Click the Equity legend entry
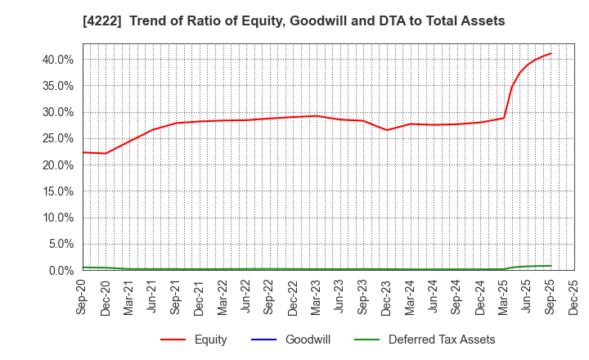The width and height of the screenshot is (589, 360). pos(210,340)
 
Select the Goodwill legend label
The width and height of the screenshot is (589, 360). pos(308,340)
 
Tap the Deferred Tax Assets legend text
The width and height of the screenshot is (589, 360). pos(442,340)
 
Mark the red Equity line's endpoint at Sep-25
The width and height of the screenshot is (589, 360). pos(551,53)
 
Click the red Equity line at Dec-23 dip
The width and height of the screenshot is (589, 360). pos(387,130)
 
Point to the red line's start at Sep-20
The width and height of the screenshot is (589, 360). pos(83,152)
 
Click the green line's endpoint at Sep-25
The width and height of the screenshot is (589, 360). pos(551,266)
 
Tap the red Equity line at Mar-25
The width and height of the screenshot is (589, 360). pos(504,118)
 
